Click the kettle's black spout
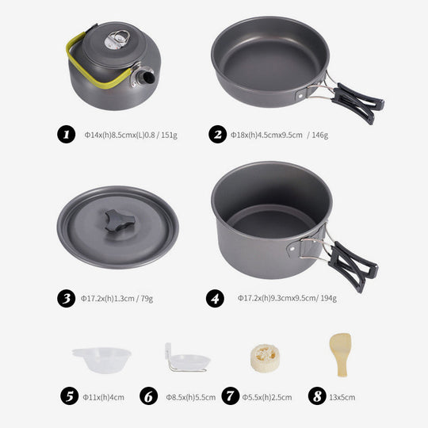click(x=147, y=77)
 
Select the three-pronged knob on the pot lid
click(x=120, y=220)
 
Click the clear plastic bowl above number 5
click(x=101, y=360)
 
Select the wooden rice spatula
click(x=341, y=354)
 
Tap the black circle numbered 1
click(x=67, y=134)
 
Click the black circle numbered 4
click(x=215, y=299)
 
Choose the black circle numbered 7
click(x=231, y=396)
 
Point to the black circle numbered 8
click(x=317, y=396)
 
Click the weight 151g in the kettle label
click(x=170, y=135)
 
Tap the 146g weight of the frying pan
click(x=320, y=135)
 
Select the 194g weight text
click(x=328, y=298)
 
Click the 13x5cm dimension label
click(x=342, y=397)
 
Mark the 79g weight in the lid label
click(x=147, y=299)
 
